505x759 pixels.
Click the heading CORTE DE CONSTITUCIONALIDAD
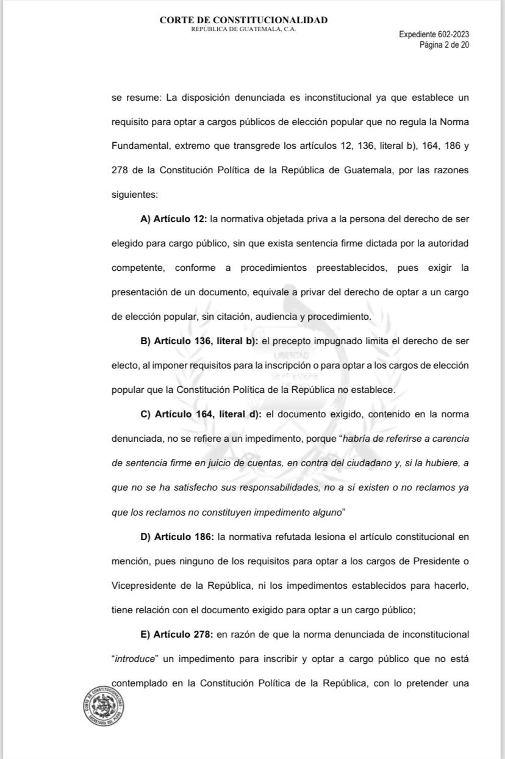click(x=243, y=20)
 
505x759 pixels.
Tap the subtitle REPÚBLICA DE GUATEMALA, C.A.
click(x=243, y=29)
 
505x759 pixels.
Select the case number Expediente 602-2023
click(x=434, y=35)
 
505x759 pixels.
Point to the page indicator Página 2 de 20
click(x=443, y=45)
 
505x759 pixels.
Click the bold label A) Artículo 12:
click(x=173, y=218)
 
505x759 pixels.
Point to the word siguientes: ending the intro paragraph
click(x=134, y=194)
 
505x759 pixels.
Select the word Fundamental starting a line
click(x=138, y=146)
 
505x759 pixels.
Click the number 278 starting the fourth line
click(x=120, y=170)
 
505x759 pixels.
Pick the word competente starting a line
click(x=136, y=267)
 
